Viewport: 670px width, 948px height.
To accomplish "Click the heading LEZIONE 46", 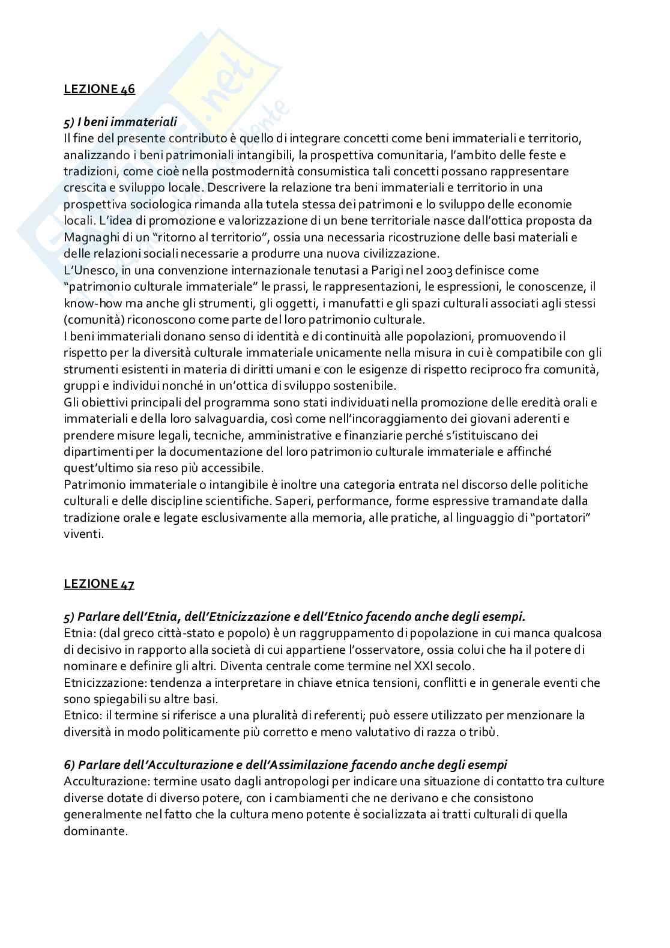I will coord(100,89).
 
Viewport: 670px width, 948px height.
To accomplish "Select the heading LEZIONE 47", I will coord(100,584).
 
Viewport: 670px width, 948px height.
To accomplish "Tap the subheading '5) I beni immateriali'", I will coord(120,122).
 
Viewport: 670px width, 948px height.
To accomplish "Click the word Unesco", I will coord(93,270).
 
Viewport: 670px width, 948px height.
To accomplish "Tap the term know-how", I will coord(91,303).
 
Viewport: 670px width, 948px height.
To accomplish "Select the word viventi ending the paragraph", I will coord(83,533).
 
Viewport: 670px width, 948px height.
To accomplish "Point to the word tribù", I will coord(483,732).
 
